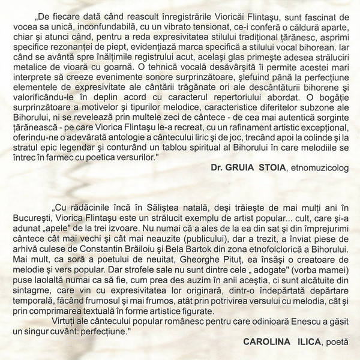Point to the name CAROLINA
pyautogui.click(x=266, y=341)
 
